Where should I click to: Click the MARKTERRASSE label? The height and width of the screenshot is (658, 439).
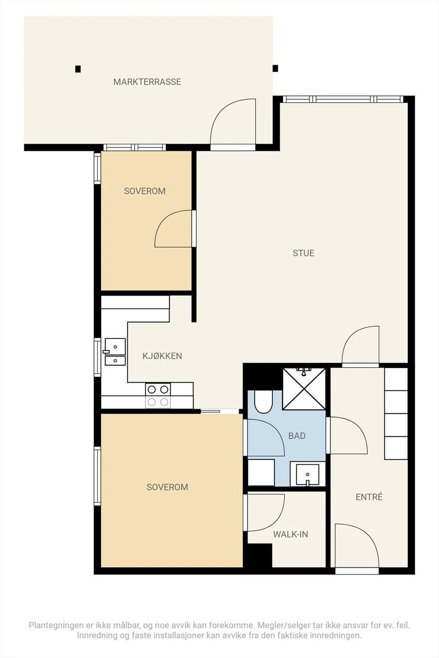[x=147, y=82]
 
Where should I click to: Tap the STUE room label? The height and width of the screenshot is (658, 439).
[x=303, y=253]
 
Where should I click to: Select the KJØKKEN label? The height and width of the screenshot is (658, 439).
[x=162, y=356]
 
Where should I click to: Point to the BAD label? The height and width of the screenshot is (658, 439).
[x=297, y=435]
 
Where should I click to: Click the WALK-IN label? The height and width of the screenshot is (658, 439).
[x=290, y=534]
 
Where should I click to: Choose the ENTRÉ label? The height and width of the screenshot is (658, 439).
[x=369, y=497]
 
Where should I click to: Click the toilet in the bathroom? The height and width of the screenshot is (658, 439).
[x=263, y=401]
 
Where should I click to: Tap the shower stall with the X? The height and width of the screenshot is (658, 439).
[x=304, y=389]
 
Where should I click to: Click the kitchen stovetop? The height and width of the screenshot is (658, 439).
[x=158, y=396]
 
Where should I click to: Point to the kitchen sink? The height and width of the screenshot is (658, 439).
[x=115, y=352]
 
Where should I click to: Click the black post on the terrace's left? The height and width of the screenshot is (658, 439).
[x=78, y=69]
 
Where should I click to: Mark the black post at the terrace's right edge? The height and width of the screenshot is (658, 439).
[x=275, y=68]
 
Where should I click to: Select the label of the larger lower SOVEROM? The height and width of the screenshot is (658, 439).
[x=167, y=487]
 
